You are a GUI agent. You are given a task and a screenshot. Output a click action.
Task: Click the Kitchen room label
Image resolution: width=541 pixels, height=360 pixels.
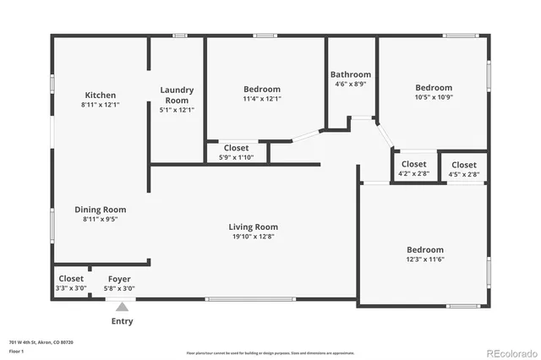pyautogui.click(x=100, y=95)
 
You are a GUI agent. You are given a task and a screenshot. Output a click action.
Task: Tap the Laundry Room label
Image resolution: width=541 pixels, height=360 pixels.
pyautogui.click(x=178, y=95)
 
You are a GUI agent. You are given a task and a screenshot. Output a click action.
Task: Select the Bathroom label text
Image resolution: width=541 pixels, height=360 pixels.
pyautogui.click(x=351, y=74)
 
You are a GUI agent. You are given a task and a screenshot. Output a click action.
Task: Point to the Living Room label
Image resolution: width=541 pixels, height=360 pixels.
pyautogui.click(x=253, y=226)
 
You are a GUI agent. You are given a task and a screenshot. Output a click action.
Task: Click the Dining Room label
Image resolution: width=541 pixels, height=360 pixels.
pyautogui.click(x=100, y=210)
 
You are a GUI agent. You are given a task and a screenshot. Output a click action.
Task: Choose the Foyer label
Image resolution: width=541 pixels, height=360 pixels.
pyautogui.click(x=119, y=279)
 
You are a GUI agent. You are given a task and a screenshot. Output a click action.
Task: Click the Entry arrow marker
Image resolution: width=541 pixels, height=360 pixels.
pyautogui.click(x=122, y=307)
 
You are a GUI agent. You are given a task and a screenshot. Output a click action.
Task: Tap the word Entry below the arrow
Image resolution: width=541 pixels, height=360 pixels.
pyautogui.click(x=122, y=321)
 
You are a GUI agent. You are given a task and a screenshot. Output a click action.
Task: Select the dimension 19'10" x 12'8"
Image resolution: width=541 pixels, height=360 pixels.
pyautogui.click(x=253, y=237)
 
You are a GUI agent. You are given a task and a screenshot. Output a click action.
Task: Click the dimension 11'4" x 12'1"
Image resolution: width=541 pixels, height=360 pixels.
pyautogui.click(x=262, y=99)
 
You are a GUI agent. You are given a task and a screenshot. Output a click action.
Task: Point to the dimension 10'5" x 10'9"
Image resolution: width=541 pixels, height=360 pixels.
pyautogui.click(x=434, y=97)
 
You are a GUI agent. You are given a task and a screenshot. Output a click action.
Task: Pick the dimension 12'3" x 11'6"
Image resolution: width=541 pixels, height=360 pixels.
pyautogui.click(x=425, y=260)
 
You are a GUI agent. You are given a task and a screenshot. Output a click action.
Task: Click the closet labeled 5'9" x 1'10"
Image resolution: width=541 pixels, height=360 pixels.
pyautogui.click(x=237, y=157)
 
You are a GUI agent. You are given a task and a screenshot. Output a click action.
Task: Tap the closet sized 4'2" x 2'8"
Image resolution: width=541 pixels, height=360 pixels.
pyautogui.click(x=414, y=174)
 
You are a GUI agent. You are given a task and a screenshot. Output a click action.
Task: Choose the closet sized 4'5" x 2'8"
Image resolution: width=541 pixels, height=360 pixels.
pyautogui.click(x=464, y=174)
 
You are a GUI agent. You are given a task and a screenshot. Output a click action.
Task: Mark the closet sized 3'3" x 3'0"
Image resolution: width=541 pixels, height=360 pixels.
pyautogui.click(x=71, y=288)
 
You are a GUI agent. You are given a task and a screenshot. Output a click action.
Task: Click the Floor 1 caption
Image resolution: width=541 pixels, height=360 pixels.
pyautogui.click(x=17, y=350)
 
